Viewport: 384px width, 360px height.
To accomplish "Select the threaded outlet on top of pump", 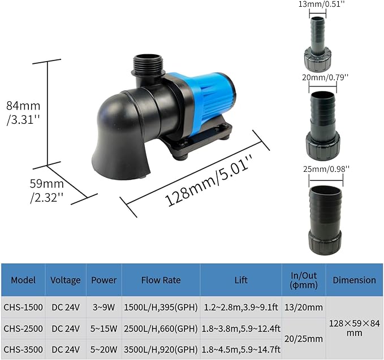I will point(148,67).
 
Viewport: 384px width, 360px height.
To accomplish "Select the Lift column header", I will point(241,280).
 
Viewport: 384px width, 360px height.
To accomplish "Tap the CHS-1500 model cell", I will point(23,307).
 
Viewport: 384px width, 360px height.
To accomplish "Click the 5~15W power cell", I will point(103,328).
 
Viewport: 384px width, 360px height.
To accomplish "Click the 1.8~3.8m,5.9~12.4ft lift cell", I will point(241,328).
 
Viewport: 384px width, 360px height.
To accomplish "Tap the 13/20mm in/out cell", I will point(304,307).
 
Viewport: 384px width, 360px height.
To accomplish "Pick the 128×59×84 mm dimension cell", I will point(354,328).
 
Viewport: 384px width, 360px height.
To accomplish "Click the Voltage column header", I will point(66,280).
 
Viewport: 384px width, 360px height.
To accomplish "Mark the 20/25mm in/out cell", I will point(304,338).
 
